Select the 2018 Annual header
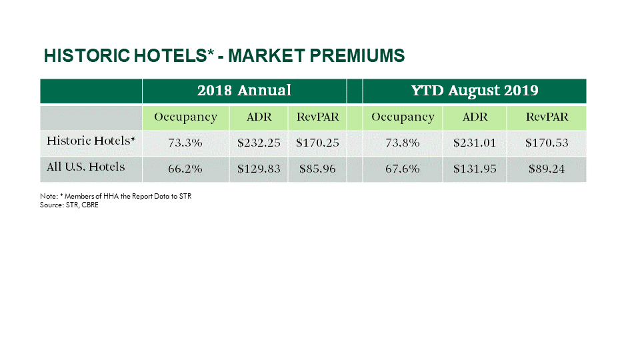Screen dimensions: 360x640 [244, 91]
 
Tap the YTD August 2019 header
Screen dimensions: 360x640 [475, 91]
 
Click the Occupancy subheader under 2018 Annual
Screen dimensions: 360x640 [185, 117]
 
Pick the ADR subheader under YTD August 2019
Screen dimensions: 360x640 [475, 117]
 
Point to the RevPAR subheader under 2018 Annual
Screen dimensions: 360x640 [317, 117]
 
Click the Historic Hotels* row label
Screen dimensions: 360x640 [91, 141]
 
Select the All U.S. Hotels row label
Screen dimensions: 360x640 [86, 167]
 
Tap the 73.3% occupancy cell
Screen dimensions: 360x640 [185, 143]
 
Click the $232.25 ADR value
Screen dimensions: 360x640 [259, 143]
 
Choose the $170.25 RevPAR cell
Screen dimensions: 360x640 [317, 143]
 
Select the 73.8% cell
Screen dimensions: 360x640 [403, 143]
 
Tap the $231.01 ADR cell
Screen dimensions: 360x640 [475, 143]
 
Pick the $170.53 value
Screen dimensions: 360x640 [547, 143]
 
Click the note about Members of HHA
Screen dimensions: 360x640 [116, 197]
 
